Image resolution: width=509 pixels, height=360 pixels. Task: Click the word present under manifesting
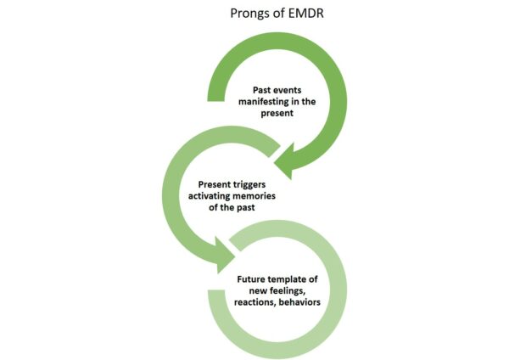click(277, 114)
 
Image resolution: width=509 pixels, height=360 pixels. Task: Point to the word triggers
click(247, 184)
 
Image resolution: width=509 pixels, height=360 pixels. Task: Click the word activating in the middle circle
click(209, 196)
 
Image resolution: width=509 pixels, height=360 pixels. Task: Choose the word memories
click(254, 196)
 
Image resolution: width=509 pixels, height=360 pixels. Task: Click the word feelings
click(286, 290)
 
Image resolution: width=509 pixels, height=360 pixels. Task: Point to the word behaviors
click(299, 302)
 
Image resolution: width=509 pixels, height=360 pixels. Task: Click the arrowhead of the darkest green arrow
click(283, 161)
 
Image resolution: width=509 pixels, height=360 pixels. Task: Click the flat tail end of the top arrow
click(215, 101)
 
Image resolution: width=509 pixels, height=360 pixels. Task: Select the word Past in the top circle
click(261, 90)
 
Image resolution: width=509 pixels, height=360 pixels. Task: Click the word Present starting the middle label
click(211, 184)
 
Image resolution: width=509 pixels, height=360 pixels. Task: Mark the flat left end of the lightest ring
click(216, 290)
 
